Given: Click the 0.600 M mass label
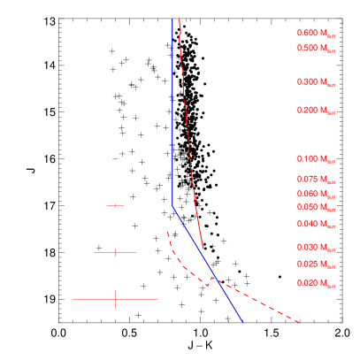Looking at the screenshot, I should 316,34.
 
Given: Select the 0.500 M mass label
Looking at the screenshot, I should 316,48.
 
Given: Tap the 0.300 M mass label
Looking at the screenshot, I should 316,81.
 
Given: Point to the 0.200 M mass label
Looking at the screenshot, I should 316,111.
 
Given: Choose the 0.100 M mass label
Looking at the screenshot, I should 316,159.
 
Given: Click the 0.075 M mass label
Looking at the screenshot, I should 316,180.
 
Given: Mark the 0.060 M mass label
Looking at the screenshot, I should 316,194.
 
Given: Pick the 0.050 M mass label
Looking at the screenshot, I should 316,208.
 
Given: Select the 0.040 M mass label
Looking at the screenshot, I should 316,225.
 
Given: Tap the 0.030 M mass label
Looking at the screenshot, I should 316,248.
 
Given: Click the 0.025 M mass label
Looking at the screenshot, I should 316,264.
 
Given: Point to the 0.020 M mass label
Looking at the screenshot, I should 316,283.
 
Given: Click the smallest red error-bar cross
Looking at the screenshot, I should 115,158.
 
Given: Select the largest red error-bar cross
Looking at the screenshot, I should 115,299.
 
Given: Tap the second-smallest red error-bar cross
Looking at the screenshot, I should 115,205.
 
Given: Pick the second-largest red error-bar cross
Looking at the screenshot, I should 115,252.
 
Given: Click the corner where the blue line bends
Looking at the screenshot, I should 172,205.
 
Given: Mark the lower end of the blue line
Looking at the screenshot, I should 242,323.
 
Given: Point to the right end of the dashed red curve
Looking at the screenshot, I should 301,323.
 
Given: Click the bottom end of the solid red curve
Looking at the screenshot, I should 203,249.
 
